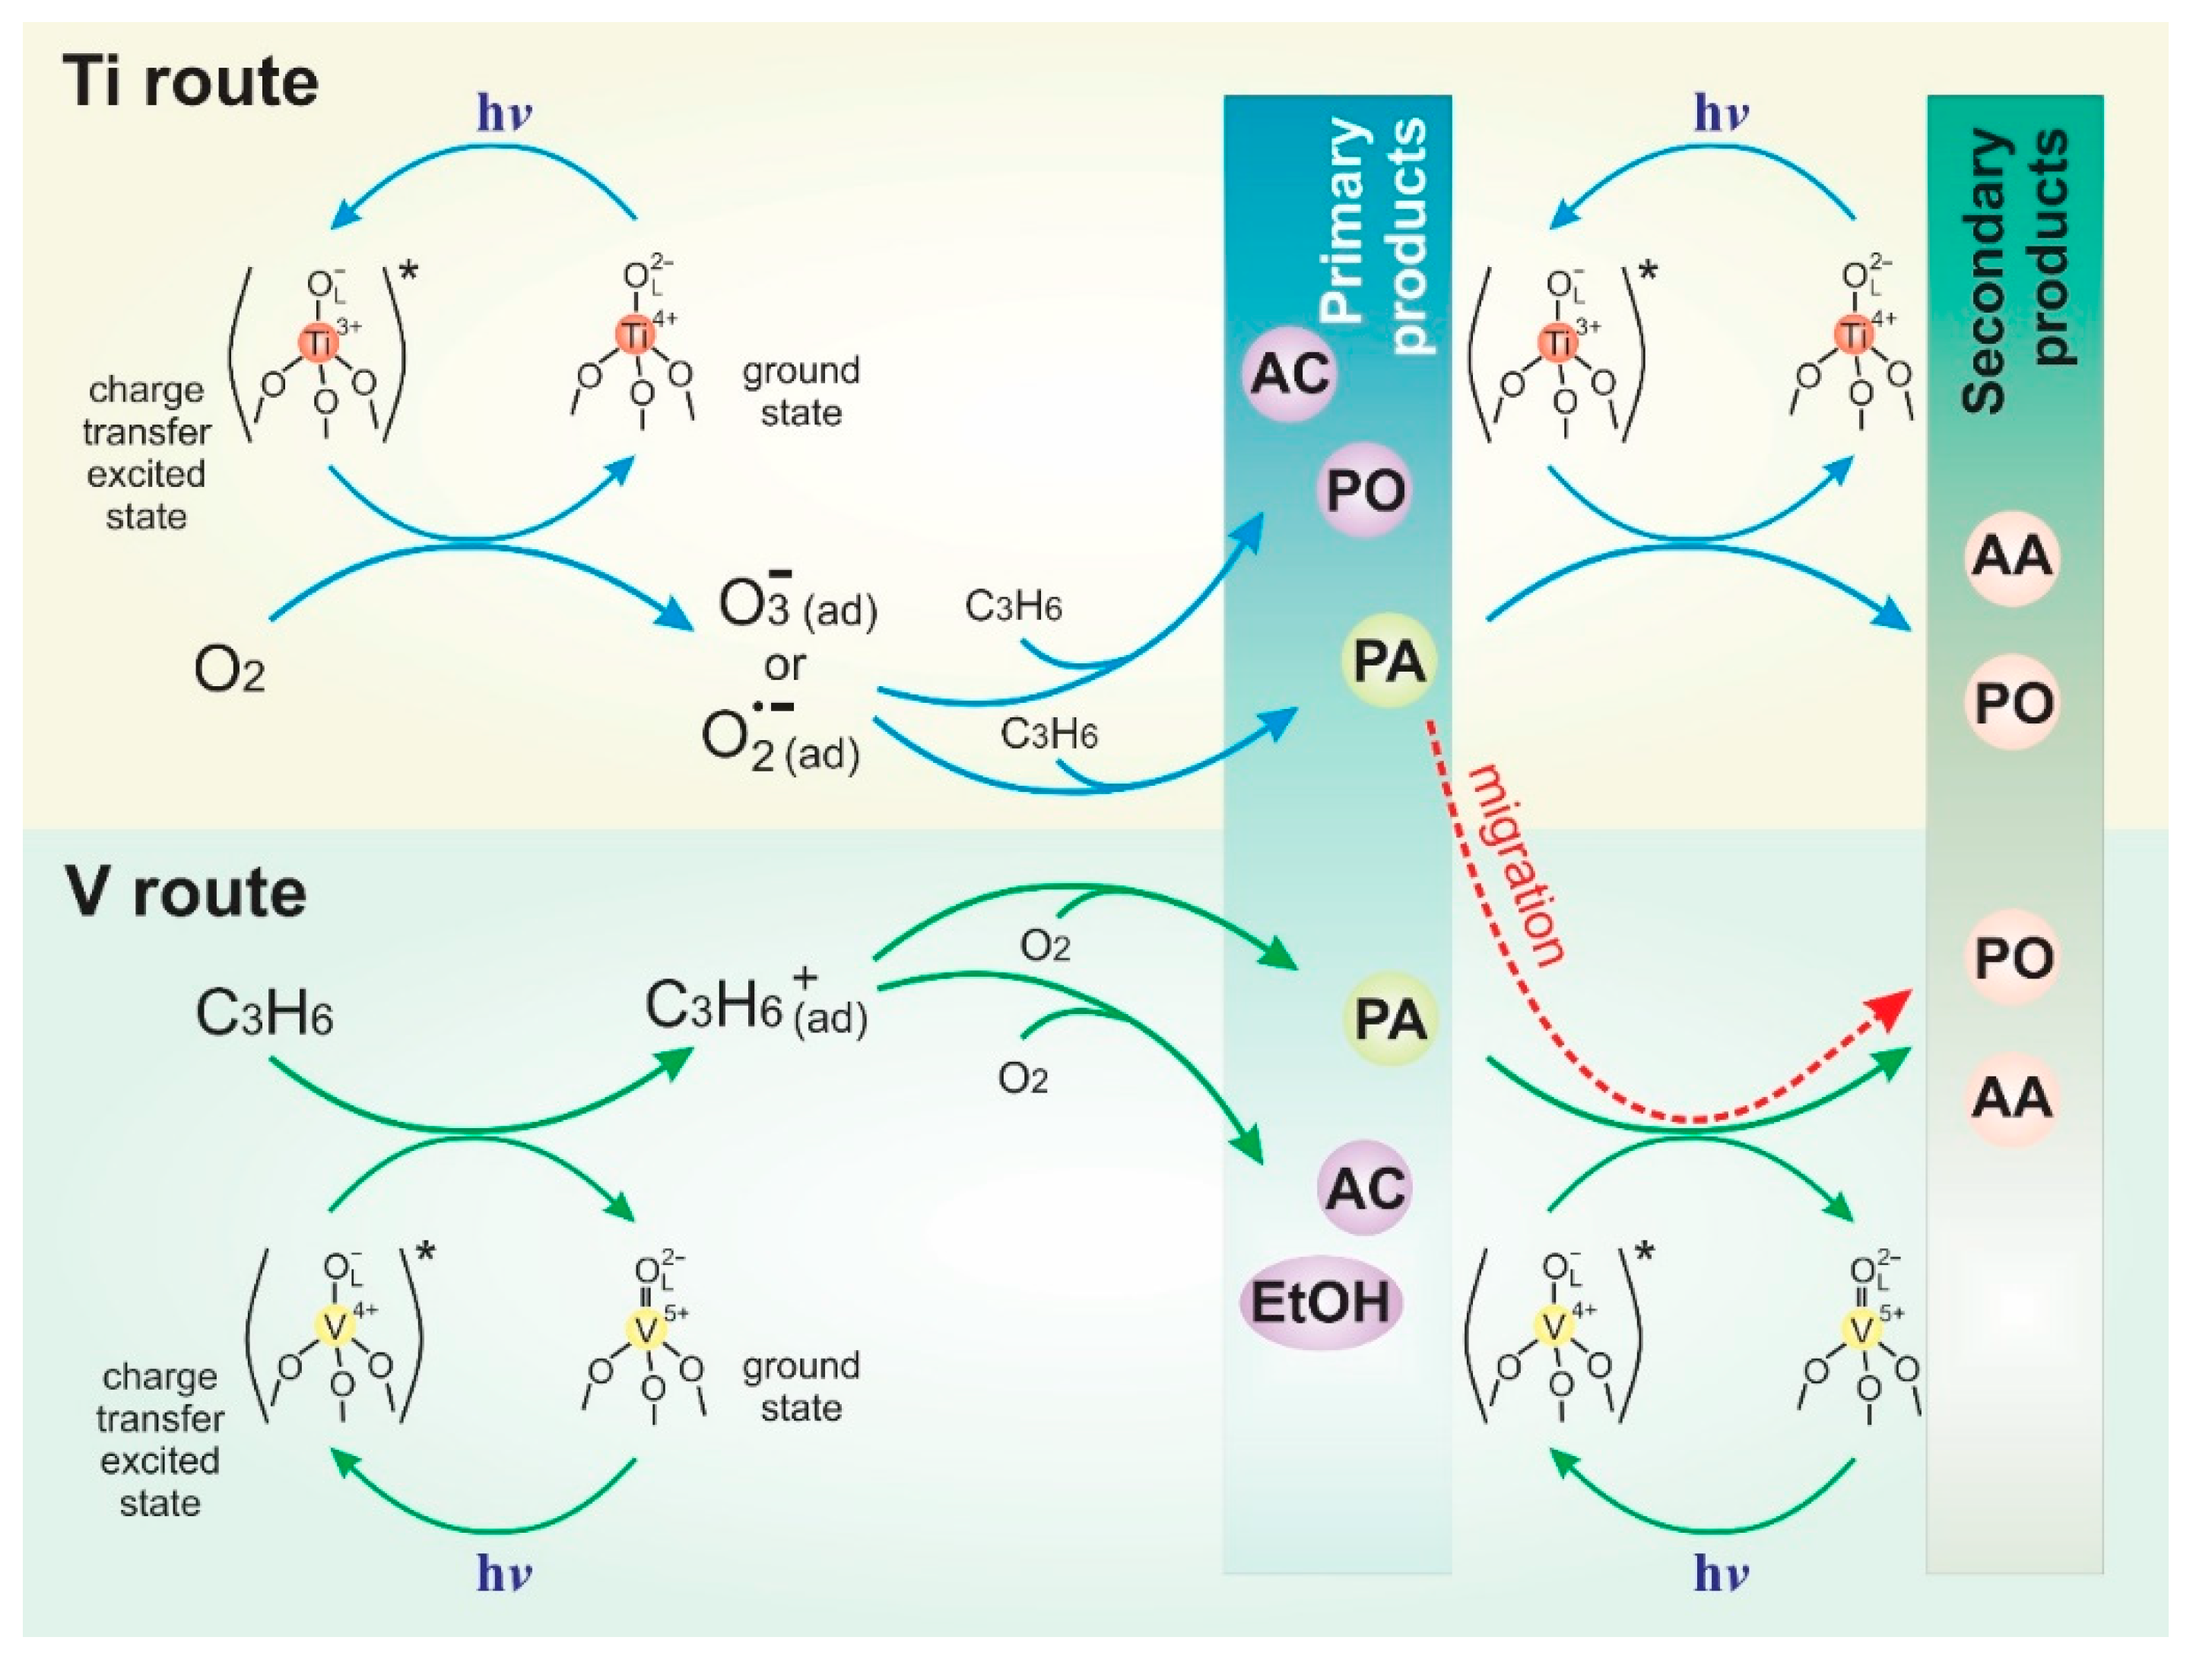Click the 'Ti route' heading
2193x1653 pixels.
point(192,81)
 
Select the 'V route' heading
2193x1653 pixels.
point(186,892)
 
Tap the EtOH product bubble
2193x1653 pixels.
point(1321,1302)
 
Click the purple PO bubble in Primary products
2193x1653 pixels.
point(1365,490)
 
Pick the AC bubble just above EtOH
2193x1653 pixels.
point(1365,1187)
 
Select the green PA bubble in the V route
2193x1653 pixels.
point(1389,1019)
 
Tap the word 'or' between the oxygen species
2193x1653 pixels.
point(784,666)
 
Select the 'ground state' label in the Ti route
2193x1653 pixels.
point(801,391)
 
